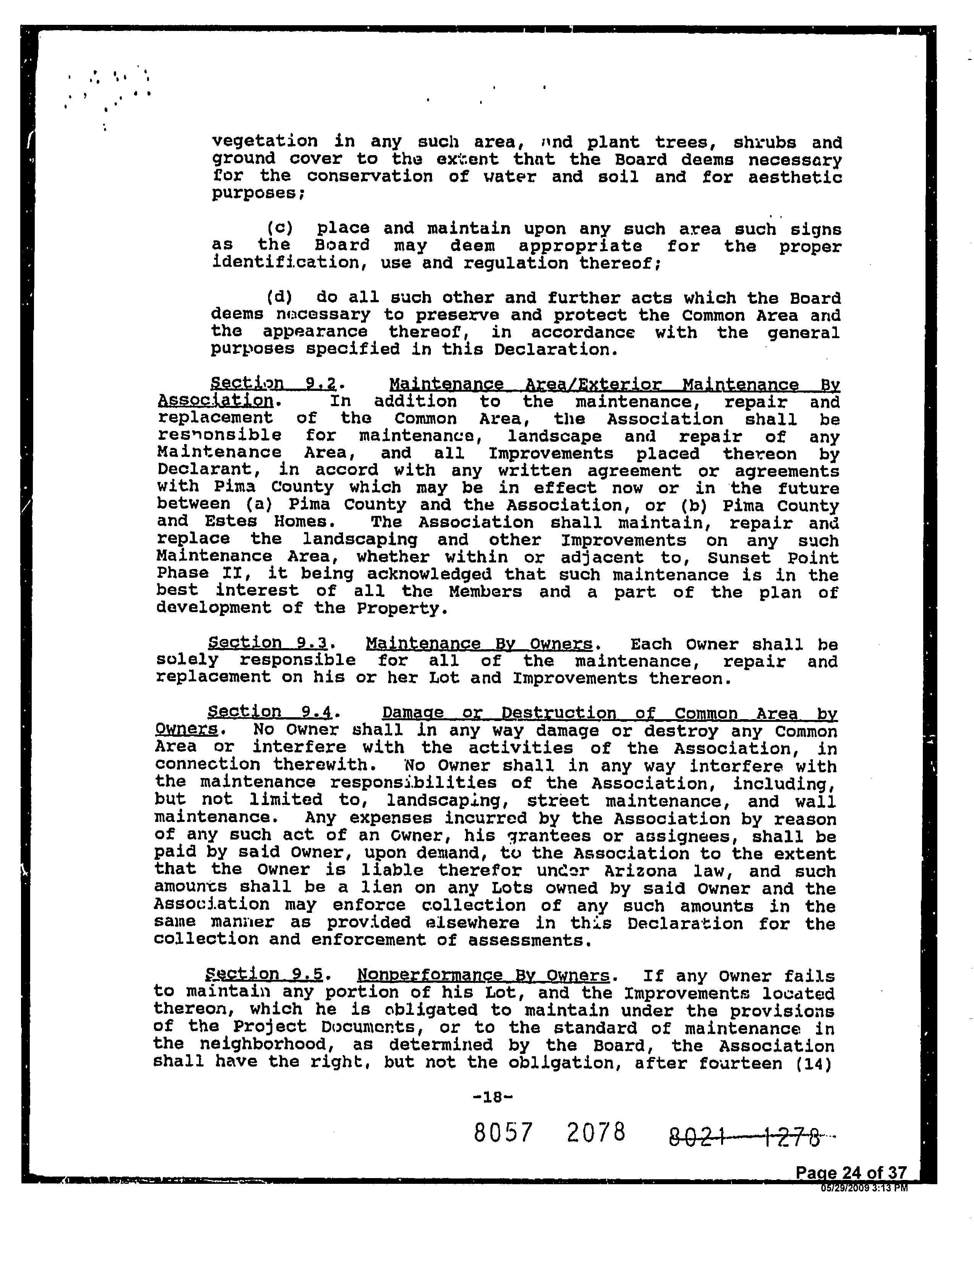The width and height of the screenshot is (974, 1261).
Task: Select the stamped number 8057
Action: click(502, 1133)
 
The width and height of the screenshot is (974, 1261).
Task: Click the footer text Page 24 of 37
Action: click(851, 1173)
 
